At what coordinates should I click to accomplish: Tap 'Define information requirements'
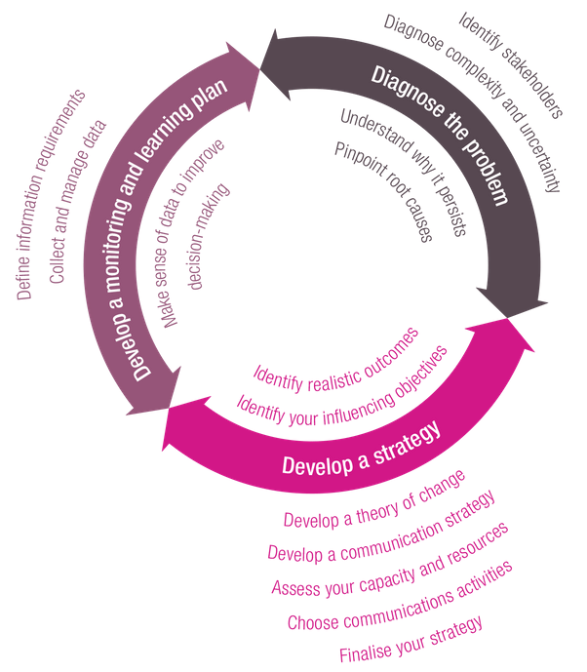(x=50, y=194)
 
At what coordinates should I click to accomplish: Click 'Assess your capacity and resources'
(x=389, y=560)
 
